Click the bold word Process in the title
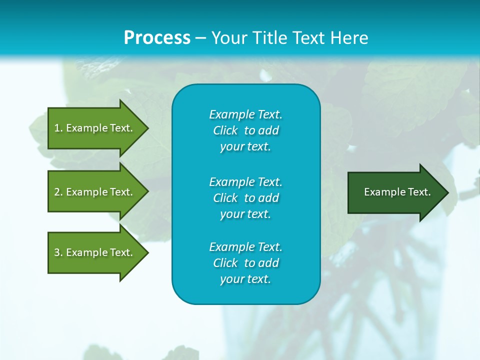157,38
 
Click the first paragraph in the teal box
245,130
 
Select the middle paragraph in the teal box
245,197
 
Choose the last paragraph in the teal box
245,263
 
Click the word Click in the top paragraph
225,130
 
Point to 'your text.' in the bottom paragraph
245,279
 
